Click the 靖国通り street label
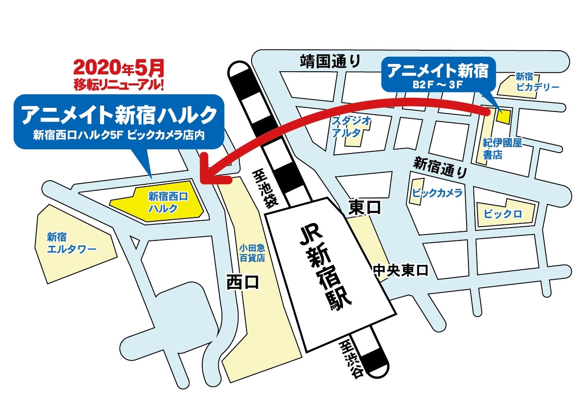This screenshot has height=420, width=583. [330, 60]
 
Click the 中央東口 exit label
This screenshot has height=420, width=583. [400, 270]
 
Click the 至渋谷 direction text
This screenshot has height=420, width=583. [351, 361]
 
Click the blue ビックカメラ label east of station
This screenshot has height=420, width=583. [437, 192]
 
